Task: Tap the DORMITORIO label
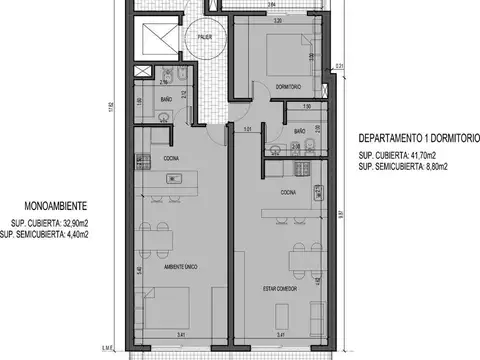(288, 86)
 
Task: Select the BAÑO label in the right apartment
(299, 132)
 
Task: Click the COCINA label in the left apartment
(172, 158)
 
